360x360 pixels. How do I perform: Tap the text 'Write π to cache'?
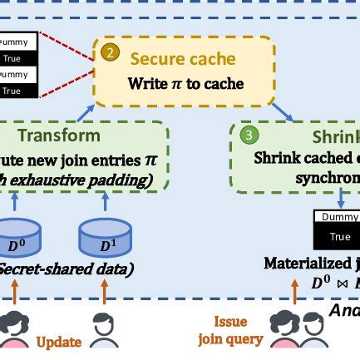pyautogui.click(x=185, y=84)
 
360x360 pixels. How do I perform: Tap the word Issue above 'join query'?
pyautogui.click(x=229, y=321)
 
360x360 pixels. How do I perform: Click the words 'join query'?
pyautogui.click(x=229, y=339)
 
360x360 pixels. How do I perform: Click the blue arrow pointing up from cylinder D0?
pyautogui.click(x=17, y=202)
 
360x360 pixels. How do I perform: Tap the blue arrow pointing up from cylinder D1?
pyautogui.click(x=105, y=202)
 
